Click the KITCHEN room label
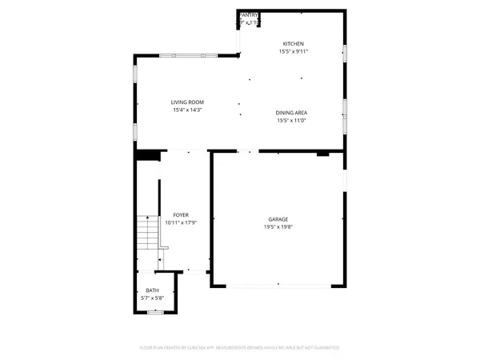(x=293, y=43)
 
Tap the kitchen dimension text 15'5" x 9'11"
(x=293, y=51)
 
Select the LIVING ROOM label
(x=188, y=102)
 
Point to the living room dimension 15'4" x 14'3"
(x=188, y=110)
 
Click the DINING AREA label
(x=292, y=113)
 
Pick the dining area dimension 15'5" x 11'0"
(x=292, y=121)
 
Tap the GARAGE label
(x=278, y=218)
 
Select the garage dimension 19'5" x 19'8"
(x=278, y=226)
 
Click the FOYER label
(x=182, y=215)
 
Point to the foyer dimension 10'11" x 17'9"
(x=182, y=223)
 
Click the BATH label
(x=152, y=290)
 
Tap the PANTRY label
(x=248, y=14)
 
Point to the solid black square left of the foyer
(x=146, y=155)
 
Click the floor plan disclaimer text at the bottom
(x=240, y=348)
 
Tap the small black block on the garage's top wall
(x=323, y=153)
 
